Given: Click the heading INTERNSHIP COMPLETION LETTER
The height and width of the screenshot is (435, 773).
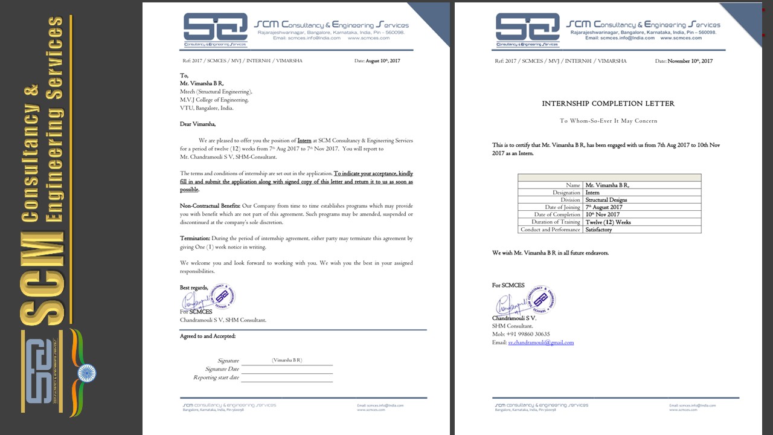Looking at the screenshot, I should tap(608, 104).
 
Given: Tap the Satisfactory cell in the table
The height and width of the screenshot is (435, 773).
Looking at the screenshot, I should tap(598, 230).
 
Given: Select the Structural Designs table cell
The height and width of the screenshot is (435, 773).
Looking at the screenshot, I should tap(606, 200).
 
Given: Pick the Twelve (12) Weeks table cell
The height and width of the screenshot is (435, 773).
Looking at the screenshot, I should tap(608, 222).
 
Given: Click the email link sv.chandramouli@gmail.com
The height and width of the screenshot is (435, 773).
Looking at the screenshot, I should tap(540, 343).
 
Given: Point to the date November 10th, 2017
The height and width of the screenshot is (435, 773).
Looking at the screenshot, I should tap(690, 61).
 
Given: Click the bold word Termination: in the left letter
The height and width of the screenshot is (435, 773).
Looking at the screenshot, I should tap(195, 239).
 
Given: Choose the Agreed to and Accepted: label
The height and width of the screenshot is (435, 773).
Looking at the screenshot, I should tap(208, 336).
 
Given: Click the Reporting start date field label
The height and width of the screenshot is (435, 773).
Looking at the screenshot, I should tap(216, 378).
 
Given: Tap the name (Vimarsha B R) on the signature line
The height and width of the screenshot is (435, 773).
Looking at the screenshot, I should tap(287, 360).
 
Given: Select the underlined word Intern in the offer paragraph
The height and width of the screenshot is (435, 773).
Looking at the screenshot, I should tap(304, 141).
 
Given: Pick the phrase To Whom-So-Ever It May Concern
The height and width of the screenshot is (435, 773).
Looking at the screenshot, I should tap(608, 121).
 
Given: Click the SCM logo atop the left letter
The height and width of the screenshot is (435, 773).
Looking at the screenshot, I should tap(216, 30).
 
